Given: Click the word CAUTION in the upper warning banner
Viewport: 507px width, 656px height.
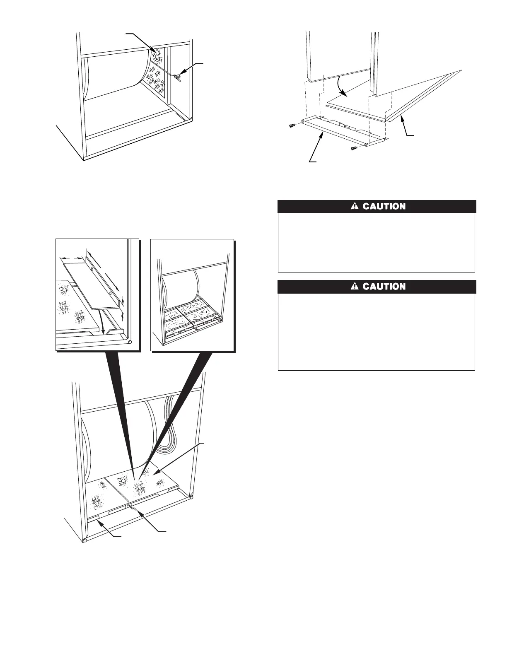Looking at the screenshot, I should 384,206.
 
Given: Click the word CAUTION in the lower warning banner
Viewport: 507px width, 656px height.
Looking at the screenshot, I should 384,287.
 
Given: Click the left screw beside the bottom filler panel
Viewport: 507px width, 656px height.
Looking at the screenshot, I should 292,125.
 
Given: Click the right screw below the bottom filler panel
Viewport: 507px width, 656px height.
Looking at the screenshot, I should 354,148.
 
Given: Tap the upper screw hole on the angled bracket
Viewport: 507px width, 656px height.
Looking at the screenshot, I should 91,269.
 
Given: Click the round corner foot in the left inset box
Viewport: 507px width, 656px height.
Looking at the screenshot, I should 130,342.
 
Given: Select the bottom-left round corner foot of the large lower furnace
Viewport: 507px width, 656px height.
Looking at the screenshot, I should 85,540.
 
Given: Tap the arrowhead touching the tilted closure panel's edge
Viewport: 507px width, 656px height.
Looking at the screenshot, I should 401,120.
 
